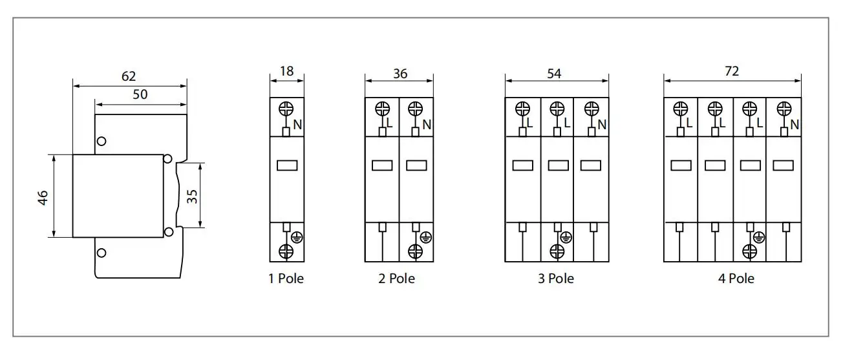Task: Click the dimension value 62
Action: [129, 76]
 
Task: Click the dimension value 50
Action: [140, 94]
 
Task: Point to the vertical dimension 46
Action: [43, 196]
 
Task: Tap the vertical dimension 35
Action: [192, 196]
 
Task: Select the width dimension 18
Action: [286, 71]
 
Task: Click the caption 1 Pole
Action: [286, 279]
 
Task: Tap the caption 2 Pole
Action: [397, 279]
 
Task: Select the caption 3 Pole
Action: [555, 279]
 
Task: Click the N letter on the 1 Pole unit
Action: [297, 125]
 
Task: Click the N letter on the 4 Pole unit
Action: [795, 124]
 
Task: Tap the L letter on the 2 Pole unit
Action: [389, 123]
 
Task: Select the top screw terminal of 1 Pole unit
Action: [286, 109]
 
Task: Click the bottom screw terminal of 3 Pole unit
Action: [557, 251]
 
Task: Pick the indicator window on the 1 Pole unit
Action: [286, 165]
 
